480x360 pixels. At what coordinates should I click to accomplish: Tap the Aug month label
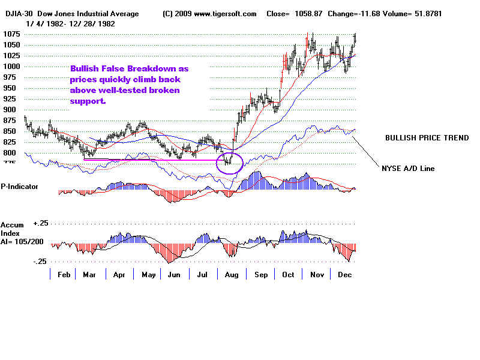pyautogui.click(x=231, y=274)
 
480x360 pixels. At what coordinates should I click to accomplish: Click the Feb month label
pyautogui.click(x=64, y=274)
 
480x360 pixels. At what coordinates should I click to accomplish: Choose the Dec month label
pyautogui.click(x=345, y=274)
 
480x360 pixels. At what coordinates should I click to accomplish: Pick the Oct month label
pyautogui.click(x=289, y=274)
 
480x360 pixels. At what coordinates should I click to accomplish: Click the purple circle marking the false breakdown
pyautogui.click(x=229, y=162)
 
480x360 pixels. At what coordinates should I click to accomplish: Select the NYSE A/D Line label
pyautogui.click(x=408, y=169)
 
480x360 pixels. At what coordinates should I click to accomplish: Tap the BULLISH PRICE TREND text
pyautogui.click(x=427, y=138)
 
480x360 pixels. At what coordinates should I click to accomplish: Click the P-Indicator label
pyautogui.click(x=19, y=187)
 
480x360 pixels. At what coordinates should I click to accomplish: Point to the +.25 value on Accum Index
pyautogui.click(x=40, y=223)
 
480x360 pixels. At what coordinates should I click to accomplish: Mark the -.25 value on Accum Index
pyautogui.click(x=40, y=262)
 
